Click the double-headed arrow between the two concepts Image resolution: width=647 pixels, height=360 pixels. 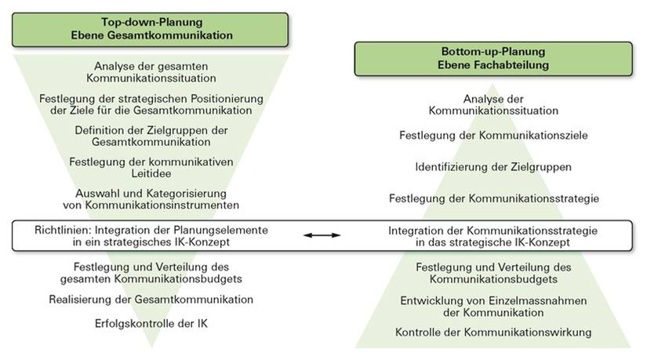[322, 235]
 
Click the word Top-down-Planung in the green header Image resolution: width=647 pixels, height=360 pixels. [152, 22]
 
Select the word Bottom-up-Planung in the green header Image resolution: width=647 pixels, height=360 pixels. [493, 52]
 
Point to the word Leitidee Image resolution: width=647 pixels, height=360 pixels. [151, 173]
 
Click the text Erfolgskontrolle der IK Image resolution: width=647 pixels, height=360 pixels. [151, 323]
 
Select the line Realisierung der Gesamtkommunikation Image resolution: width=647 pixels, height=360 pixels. [151, 300]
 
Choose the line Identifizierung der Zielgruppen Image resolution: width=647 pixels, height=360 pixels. [493, 167]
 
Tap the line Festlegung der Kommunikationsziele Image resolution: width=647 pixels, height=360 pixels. [493, 136]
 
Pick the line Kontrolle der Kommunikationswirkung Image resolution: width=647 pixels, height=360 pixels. [493, 333]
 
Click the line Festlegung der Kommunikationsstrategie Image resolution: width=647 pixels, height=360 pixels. [494, 198]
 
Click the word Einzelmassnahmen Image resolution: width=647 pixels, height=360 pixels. [538, 300]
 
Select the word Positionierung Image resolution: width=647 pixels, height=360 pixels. [227, 99]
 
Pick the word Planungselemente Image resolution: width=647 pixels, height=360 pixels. [220, 231]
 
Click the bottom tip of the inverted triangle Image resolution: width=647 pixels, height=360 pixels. [152, 347]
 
